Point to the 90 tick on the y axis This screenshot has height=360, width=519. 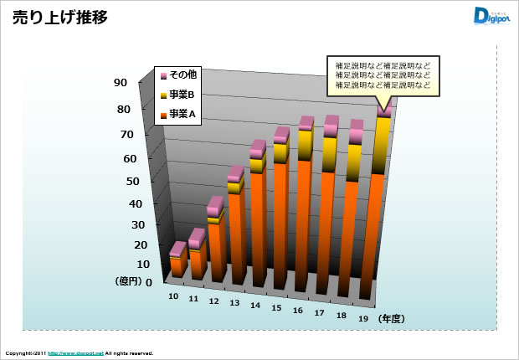point(121,82)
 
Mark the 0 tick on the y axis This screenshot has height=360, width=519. point(126,282)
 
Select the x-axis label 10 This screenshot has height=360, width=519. point(173,296)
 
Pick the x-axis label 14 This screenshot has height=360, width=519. point(254,306)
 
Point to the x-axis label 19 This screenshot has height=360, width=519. point(362,319)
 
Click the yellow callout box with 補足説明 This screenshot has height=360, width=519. point(383,75)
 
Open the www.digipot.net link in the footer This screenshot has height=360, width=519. point(75,354)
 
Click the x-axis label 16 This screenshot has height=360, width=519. point(297,311)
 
